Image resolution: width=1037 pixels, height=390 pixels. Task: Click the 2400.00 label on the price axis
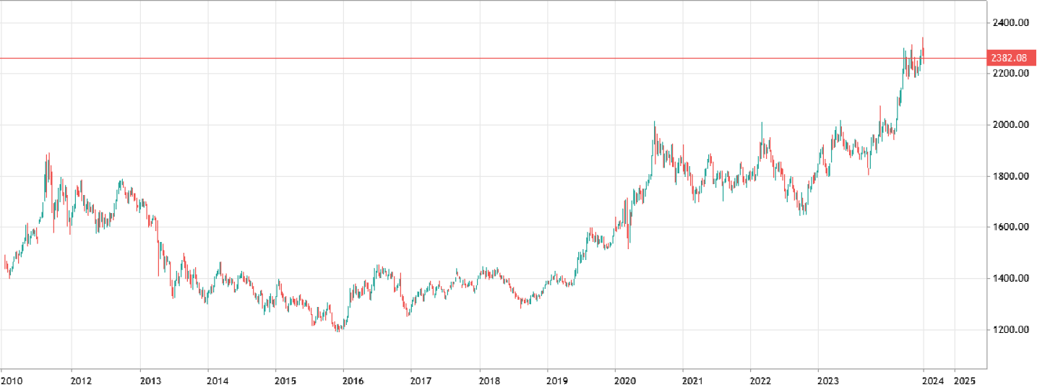point(1009,23)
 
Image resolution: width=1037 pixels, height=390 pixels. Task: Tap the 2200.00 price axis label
point(1009,74)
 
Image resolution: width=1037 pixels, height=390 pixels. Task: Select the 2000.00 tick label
point(1009,126)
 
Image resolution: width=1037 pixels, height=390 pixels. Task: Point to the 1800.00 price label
point(1009,177)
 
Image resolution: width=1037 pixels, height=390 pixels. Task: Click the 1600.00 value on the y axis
point(1009,227)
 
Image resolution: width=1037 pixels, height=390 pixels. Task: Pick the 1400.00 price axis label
point(1009,279)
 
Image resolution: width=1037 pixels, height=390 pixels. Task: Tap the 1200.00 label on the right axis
point(1009,330)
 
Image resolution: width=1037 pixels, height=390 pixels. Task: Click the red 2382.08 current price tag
point(1010,58)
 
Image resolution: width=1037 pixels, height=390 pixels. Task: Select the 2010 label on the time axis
point(12,380)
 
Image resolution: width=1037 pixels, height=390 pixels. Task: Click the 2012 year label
point(80,380)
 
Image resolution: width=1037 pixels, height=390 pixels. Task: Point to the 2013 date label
point(150,380)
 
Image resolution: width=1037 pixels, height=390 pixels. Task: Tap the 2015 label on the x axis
point(285,380)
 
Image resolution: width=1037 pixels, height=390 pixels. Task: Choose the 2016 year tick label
point(353,380)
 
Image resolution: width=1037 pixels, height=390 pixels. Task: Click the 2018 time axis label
point(489,380)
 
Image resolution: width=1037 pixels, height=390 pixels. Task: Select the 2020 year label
point(625,380)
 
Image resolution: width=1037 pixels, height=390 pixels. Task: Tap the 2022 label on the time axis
point(760,380)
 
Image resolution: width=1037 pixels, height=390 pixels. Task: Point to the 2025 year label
point(965,380)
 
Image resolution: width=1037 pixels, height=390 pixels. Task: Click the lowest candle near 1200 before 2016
point(338,329)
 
